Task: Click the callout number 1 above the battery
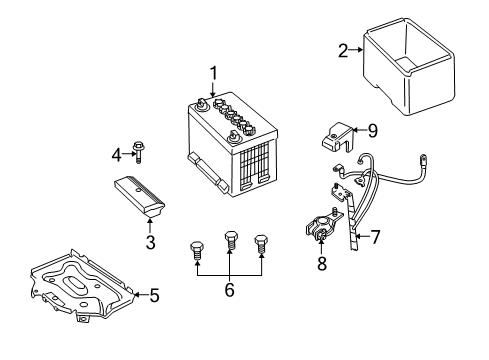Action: (213, 71)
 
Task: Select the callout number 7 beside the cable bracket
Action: (376, 237)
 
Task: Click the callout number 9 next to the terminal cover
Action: (371, 129)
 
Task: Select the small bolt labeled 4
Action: (138, 153)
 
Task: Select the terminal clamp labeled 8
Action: (322, 233)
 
